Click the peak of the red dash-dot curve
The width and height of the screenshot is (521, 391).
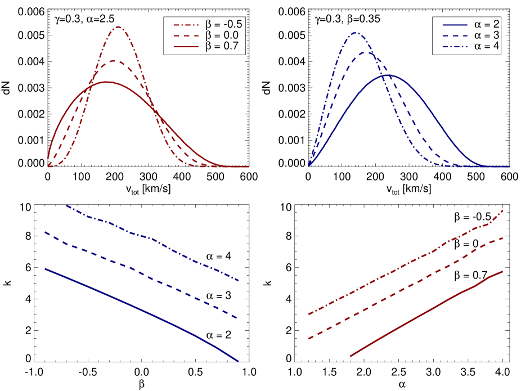click(118, 26)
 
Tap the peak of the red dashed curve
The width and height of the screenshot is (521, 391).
click(115, 60)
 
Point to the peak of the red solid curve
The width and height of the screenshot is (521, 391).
click(106, 82)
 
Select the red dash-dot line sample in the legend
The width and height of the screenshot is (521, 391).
click(186, 25)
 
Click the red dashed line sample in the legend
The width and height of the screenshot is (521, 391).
click(186, 36)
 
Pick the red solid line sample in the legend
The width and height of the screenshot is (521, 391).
click(186, 47)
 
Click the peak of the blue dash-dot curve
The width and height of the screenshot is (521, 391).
click(356, 33)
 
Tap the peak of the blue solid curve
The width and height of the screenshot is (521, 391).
click(388, 75)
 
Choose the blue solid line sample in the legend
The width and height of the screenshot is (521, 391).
click(455, 25)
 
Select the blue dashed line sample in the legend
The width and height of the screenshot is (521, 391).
click(455, 36)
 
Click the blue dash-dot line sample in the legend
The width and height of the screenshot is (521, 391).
click(455, 47)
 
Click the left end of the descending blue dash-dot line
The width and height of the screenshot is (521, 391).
click(67, 205)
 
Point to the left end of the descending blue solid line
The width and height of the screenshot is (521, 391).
click(46, 268)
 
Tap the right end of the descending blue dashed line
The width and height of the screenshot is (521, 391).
click(238, 318)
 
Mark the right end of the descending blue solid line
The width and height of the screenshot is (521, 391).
click(238, 361)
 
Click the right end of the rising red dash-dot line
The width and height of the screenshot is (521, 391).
click(502, 210)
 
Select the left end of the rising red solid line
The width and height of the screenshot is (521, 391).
click(351, 356)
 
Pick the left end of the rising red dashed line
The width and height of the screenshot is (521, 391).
click(308, 339)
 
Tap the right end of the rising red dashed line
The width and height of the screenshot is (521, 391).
click(502, 238)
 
